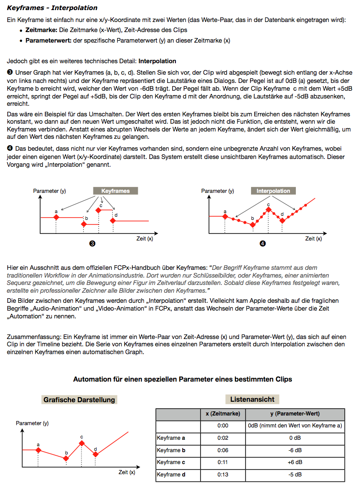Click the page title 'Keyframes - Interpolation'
pyautogui.click(x=52, y=8)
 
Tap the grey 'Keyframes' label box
pyautogui.click(x=115, y=191)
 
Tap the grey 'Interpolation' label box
pyautogui.click(x=273, y=191)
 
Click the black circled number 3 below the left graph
pyautogui.click(x=92, y=244)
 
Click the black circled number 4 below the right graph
pyautogui.click(x=262, y=244)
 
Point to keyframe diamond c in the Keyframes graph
pyautogui.click(x=98, y=210)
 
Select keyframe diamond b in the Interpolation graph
pyautogui.click(x=252, y=224)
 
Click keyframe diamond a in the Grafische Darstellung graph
pyautogui.click(x=38, y=450)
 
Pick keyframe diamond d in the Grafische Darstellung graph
pyautogui.click(x=95, y=454)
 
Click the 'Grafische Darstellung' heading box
pyautogui.click(x=79, y=399)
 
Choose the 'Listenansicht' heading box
pyautogui.click(x=252, y=399)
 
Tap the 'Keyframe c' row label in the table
pyautogui.click(x=171, y=462)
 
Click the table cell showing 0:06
pyautogui.click(x=223, y=450)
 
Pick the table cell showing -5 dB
pyautogui.click(x=295, y=475)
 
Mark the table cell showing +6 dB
pyautogui.click(x=295, y=462)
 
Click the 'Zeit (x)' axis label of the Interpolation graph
pyautogui.click(x=313, y=239)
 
